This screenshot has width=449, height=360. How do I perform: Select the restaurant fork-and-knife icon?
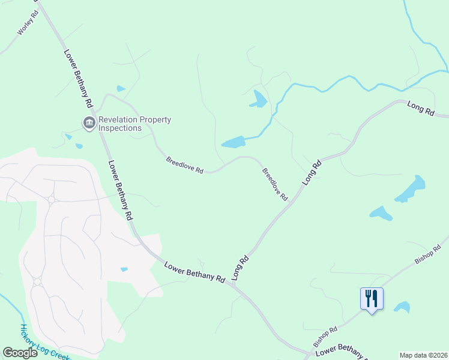pyautogui.click(x=372, y=298)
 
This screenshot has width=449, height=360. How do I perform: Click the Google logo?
pyautogui.click(x=20, y=353)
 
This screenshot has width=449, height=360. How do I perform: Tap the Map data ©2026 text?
pyautogui.click(x=423, y=355)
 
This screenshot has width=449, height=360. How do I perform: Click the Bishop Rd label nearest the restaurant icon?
pyautogui.click(x=325, y=337)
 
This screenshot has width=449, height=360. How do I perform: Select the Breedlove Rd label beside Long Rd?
pyautogui.click(x=275, y=184)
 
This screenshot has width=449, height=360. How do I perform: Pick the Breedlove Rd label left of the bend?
pyautogui.click(x=184, y=166)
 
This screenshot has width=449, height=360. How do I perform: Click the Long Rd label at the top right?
pyautogui.click(x=420, y=109)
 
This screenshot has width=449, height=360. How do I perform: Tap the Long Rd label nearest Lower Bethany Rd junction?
pyautogui.click(x=240, y=268)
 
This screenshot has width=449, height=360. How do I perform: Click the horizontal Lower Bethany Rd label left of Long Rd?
pyautogui.click(x=194, y=271)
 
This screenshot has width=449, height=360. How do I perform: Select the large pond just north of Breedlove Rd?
pyautogui.click(x=234, y=142)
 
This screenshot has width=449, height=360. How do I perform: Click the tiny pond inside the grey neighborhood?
pyautogui.click(x=124, y=269)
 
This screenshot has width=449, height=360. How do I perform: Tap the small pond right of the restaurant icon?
pyautogui.click(x=402, y=308)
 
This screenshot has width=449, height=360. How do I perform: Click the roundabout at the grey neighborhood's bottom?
pyautogui.click(x=37, y=281)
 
